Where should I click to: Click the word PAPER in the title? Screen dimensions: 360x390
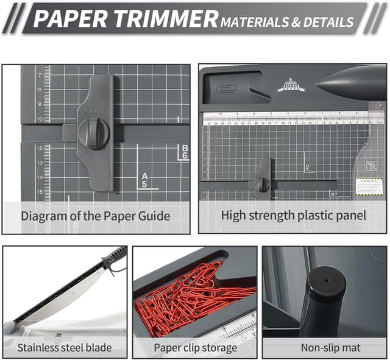point(70,19)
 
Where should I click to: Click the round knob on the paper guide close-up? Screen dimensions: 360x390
point(94,133)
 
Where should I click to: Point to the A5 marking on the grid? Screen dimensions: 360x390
point(145,180)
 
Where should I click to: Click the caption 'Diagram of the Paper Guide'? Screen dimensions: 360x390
point(96,216)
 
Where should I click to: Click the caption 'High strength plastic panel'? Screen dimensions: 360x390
point(294,215)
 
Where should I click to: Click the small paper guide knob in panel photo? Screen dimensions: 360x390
point(263,184)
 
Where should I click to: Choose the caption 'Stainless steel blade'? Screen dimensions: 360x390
point(65,348)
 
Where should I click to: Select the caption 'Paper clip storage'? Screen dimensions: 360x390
point(195,348)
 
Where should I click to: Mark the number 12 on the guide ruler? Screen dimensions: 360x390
point(39,148)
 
